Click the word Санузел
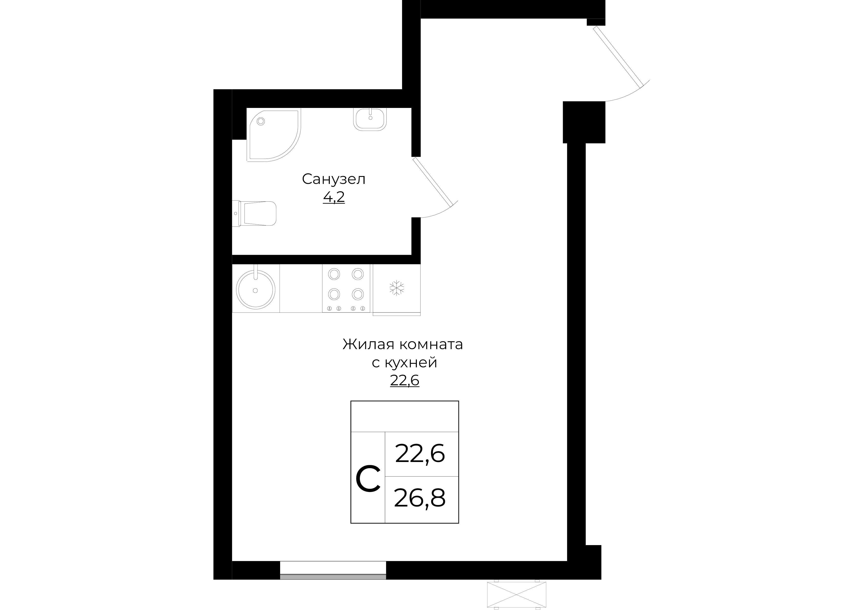coord(333,179)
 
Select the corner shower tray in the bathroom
coord(274,135)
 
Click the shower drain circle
coord(260,121)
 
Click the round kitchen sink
coord(256,289)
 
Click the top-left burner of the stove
coord(334,274)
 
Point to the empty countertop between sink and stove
coord(301,288)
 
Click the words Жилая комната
coord(403,344)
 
